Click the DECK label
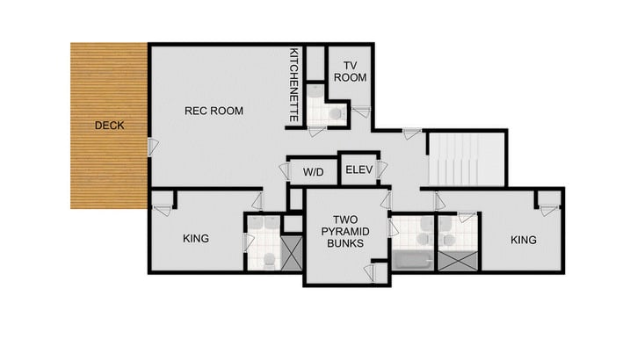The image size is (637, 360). [109, 126]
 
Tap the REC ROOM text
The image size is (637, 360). [214, 111]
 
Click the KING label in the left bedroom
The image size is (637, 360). [195, 238]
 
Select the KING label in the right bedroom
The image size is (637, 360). [523, 239]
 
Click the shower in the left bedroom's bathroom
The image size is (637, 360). [291, 254]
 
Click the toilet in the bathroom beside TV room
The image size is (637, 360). [334, 112]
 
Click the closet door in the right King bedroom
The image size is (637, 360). [547, 209]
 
